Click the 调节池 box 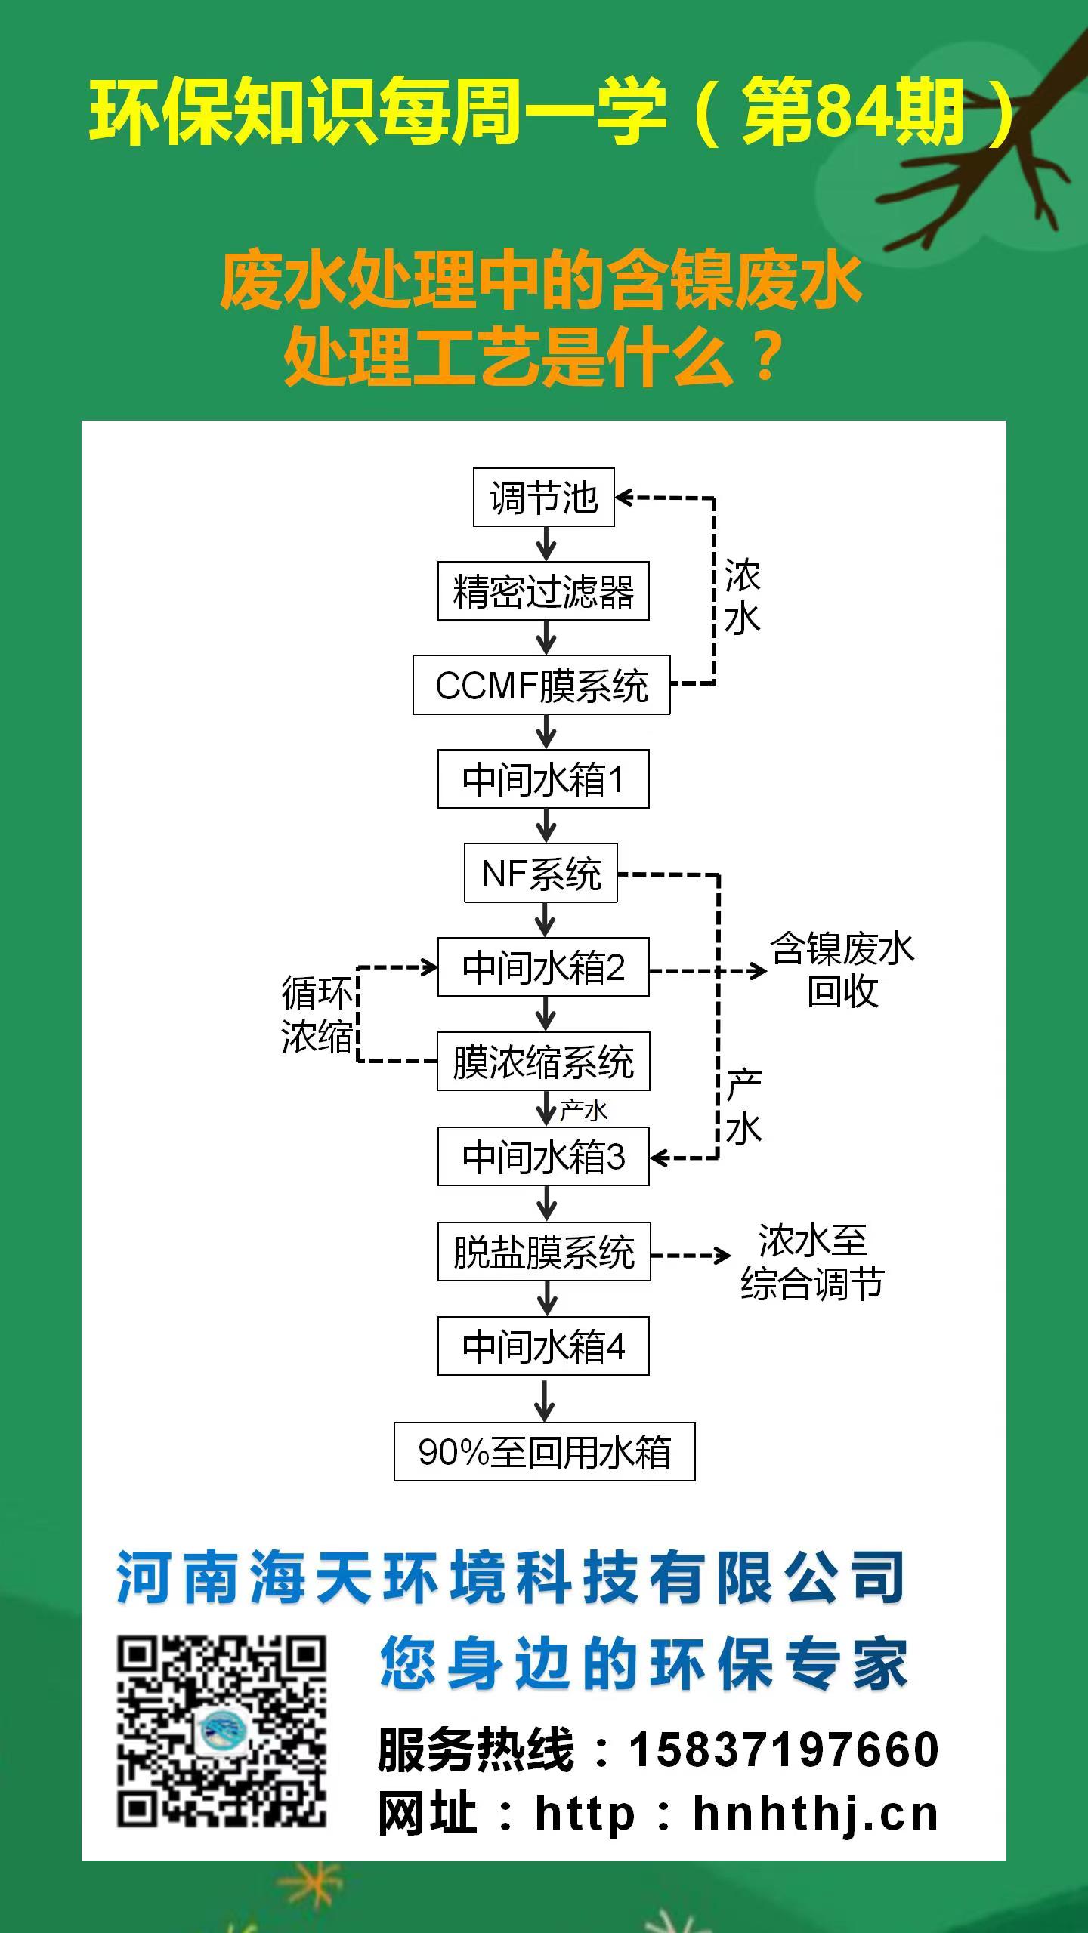(543, 498)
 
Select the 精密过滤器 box (543, 591)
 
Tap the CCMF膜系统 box (541, 685)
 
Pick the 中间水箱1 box (543, 779)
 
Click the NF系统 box (540, 873)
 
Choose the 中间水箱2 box (543, 967)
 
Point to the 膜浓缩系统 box (543, 1062)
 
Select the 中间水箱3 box (543, 1156)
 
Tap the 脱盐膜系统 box (544, 1251)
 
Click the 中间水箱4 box (543, 1346)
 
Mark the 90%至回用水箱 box (544, 1451)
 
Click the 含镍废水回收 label (842, 970)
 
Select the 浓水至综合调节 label (812, 1262)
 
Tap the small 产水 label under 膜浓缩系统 (583, 1110)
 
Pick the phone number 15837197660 (784, 1750)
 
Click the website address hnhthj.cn (815, 1814)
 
